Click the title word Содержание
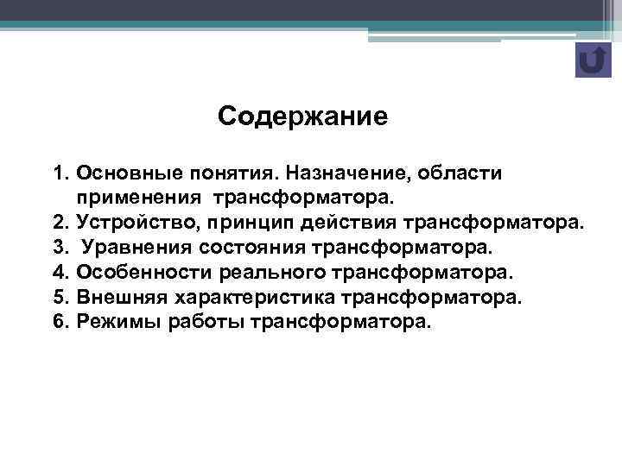pyautogui.click(x=303, y=116)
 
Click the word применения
pyautogui.click(x=140, y=199)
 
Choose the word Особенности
pyautogui.click(x=140, y=274)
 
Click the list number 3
pyautogui.click(x=60, y=249)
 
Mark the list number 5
pyautogui.click(x=60, y=298)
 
